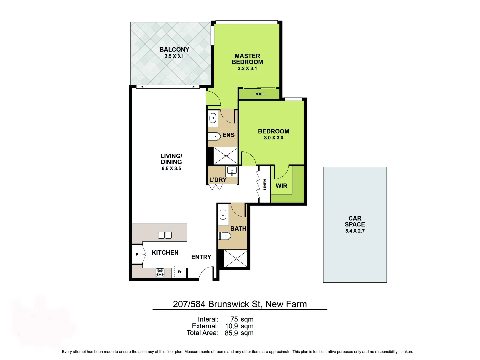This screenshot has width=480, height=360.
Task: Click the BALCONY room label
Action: [174, 50]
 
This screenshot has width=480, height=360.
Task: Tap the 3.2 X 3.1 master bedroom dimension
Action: [247, 69]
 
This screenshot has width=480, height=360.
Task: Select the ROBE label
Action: [259, 94]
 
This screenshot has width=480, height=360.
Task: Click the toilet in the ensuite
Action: [214, 136]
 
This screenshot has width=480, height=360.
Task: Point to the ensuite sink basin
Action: [213, 118]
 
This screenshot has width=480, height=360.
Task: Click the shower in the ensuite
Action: [226, 156]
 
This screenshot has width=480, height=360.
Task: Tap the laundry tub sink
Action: [232, 171]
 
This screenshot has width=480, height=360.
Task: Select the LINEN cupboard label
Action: [265, 185]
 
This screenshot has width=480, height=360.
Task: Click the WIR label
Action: [281, 186]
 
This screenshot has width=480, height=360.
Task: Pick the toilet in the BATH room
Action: [225, 236]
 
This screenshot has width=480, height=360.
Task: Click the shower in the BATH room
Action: [236, 258]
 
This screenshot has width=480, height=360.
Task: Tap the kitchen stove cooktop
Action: [160, 273]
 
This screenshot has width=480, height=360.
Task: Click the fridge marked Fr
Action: [180, 272]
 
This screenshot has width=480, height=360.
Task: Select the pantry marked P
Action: [137, 255]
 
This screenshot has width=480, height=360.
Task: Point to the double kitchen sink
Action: [165, 235]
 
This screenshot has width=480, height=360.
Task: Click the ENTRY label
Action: [201, 257]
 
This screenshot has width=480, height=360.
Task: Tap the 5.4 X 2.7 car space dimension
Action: [355, 231]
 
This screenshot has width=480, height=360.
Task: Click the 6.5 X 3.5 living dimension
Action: [171, 169]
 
